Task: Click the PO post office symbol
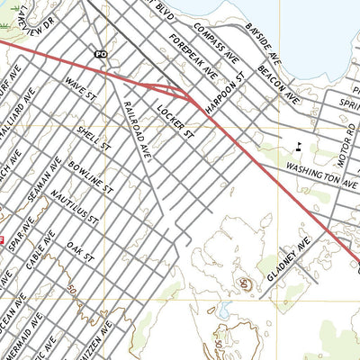(x=101, y=54)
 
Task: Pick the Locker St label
(x=175, y=121)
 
